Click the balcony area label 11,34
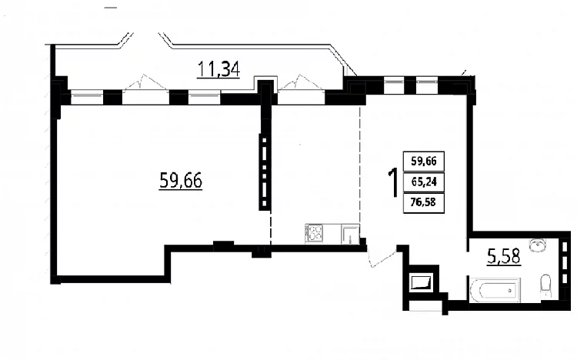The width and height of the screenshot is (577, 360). [x=218, y=68]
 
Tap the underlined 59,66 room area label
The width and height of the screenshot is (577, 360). [x=181, y=181]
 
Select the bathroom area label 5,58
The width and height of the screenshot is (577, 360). [x=504, y=256]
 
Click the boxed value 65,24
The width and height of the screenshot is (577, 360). [x=424, y=182]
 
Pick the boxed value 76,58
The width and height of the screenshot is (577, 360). [x=424, y=202]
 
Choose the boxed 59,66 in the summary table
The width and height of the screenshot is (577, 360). [x=424, y=162]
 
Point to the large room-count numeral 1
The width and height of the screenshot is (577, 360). [x=393, y=182]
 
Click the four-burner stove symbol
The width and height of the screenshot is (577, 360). [x=315, y=233]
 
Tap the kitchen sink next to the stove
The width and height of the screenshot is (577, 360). [x=350, y=234]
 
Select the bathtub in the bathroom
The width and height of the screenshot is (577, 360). [x=495, y=290]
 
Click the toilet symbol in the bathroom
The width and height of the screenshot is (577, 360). [x=545, y=285]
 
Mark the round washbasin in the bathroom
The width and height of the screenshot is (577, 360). [x=538, y=245]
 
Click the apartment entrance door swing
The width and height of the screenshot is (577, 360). [x=382, y=258]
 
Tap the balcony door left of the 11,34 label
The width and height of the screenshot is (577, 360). [x=145, y=83]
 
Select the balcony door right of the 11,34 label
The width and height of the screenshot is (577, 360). [x=301, y=83]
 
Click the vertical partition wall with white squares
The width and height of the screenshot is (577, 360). [x=265, y=172]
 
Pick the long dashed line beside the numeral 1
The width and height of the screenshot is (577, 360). [x=360, y=165]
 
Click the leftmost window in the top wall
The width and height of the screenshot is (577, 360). [x=86, y=97]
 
